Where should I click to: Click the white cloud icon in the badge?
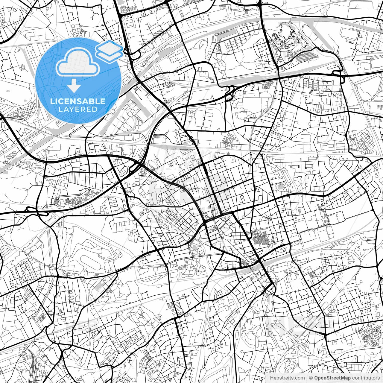pos(78,62)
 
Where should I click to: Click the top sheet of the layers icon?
pos(109,47)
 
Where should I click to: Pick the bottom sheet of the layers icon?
pos(110,55)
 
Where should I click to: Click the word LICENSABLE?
pos(77,101)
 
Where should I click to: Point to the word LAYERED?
pos(78,109)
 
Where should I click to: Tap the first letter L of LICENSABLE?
pos(52,101)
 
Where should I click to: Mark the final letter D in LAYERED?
pos(95,109)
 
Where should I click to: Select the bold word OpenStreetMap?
pos(332,378)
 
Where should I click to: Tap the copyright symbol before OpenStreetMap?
pos(311,378)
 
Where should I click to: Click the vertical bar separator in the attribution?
pos(307,378)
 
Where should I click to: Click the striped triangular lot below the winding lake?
pos(301,55)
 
